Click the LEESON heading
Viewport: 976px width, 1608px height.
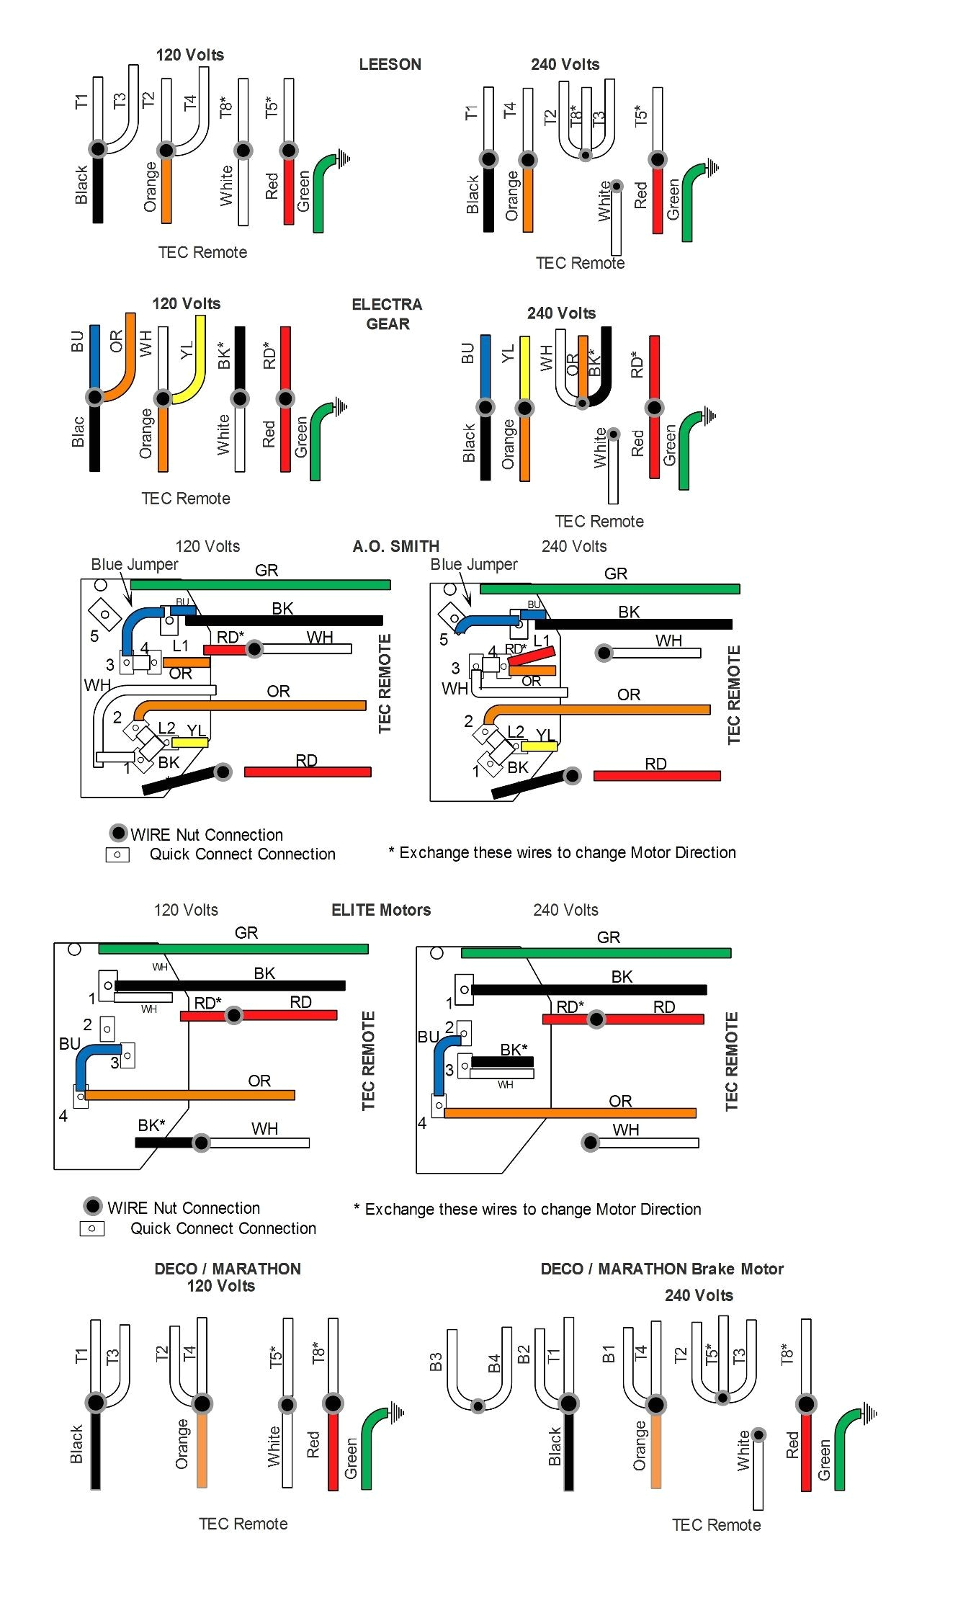click(390, 64)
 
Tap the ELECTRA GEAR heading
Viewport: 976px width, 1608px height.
click(387, 314)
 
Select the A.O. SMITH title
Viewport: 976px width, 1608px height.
click(395, 546)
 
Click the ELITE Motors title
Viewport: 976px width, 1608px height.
click(381, 910)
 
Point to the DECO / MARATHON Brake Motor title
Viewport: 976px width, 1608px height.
click(662, 1269)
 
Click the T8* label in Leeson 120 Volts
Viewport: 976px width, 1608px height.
click(226, 107)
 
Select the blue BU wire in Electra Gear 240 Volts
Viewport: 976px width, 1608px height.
click(485, 367)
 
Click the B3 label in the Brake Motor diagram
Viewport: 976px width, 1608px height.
click(436, 1362)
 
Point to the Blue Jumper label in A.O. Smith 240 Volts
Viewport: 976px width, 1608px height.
click(473, 564)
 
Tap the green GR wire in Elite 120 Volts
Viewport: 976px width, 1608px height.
click(233, 949)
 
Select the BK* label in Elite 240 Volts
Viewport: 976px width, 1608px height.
click(514, 1050)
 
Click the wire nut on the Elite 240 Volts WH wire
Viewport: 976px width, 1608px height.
click(591, 1143)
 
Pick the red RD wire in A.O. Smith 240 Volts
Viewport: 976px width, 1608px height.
click(656, 776)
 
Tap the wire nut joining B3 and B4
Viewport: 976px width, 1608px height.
click(478, 1406)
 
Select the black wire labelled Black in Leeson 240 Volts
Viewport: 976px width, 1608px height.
click(488, 198)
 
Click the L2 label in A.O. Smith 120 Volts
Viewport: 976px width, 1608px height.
click(166, 728)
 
